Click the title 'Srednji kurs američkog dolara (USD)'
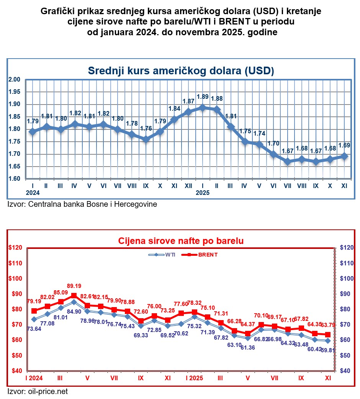click(x=181, y=71)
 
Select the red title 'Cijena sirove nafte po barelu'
click(x=181, y=241)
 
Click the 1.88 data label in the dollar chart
click(x=217, y=98)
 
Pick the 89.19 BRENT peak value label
click(x=74, y=286)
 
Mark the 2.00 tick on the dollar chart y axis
click(x=14, y=79)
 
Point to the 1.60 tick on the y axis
click(x=14, y=179)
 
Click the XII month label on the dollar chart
click(x=188, y=186)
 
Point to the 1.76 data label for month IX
click(x=146, y=128)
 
